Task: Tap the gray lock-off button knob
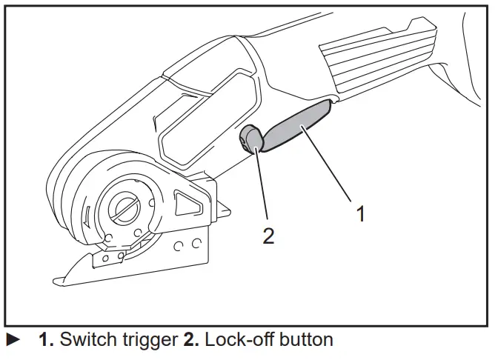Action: point(250,138)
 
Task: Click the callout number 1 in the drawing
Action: point(360,214)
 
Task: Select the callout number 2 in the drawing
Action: point(268,236)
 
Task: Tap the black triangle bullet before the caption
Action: point(13,341)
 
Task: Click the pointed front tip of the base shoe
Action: point(58,279)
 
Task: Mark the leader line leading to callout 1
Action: point(327,163)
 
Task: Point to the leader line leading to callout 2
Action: point(260,185)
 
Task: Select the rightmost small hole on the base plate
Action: point(198,243)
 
